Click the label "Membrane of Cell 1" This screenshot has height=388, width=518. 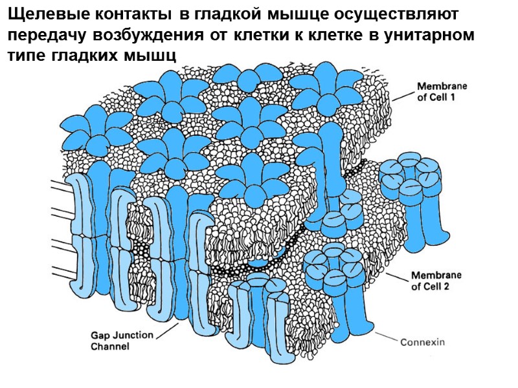click(442, 91)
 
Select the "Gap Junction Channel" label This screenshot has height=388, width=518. click(121, 340)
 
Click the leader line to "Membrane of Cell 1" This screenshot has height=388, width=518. click(402, 96)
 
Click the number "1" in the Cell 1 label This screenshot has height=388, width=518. click(464, 97)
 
